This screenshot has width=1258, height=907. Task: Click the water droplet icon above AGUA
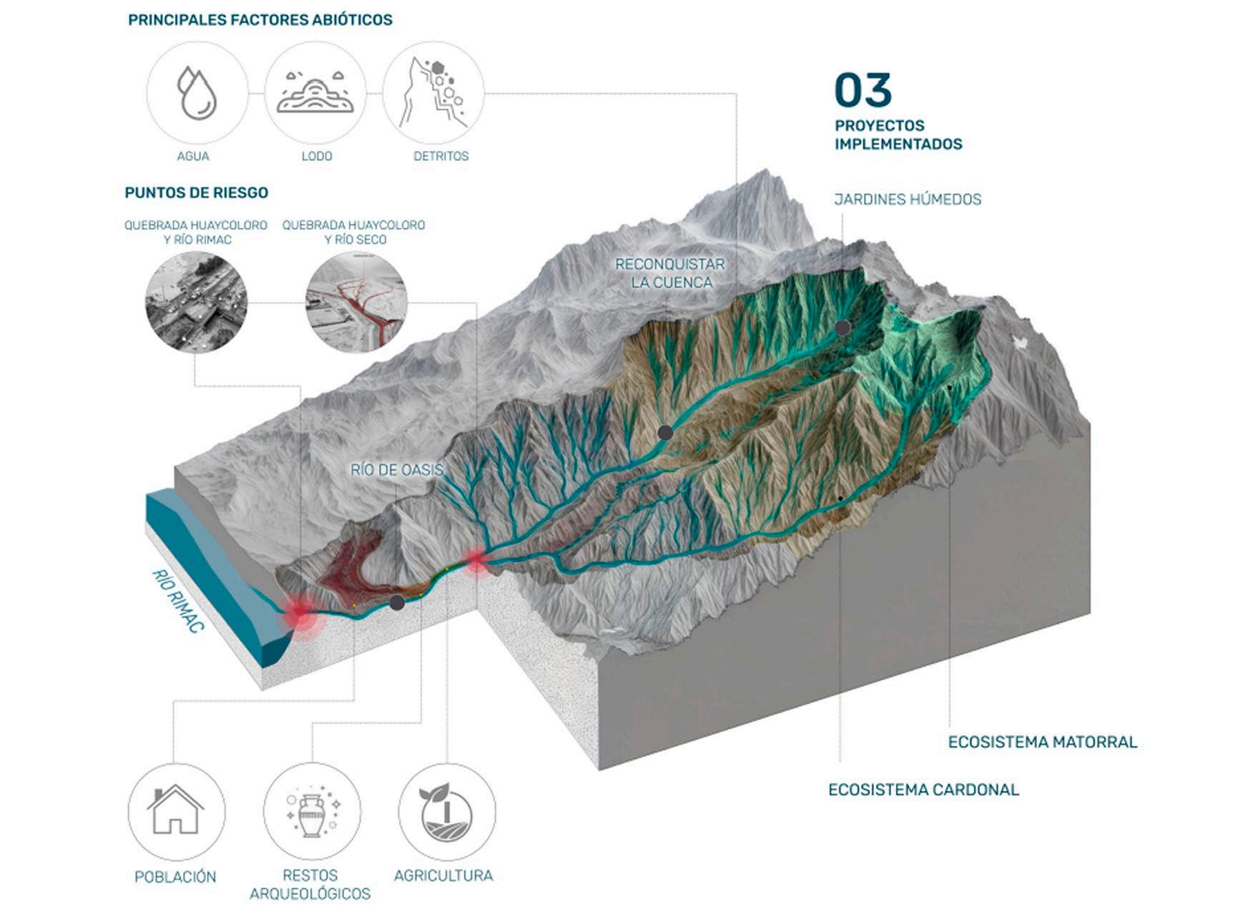[197, 93]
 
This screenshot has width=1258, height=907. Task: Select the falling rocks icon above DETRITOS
[434, 93]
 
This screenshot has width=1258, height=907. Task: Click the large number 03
[863, 90]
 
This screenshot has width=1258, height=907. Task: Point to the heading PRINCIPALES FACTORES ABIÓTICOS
[260, 20]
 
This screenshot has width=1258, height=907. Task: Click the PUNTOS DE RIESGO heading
[197, 192]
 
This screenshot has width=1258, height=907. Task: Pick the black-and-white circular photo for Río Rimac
[196, 302]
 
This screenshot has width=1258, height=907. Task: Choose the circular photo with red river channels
[356, 302]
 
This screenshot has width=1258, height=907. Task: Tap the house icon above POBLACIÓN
[176, 811]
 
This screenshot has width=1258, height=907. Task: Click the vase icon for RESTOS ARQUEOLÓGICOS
[312, 811]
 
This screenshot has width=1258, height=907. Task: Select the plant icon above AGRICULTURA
[446, 811]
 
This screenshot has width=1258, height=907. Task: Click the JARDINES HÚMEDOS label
[908, 200]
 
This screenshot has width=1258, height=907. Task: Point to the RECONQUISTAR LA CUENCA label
[670, 273]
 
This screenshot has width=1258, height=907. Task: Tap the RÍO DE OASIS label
[397, 470]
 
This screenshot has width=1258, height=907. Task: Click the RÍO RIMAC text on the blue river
[179, 601]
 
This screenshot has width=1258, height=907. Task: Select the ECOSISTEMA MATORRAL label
[1042, 742]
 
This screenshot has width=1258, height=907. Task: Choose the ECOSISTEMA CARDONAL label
[923, 790]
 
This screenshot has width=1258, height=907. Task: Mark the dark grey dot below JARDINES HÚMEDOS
[843, 328]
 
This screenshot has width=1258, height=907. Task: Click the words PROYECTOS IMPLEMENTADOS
[898, 134]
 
